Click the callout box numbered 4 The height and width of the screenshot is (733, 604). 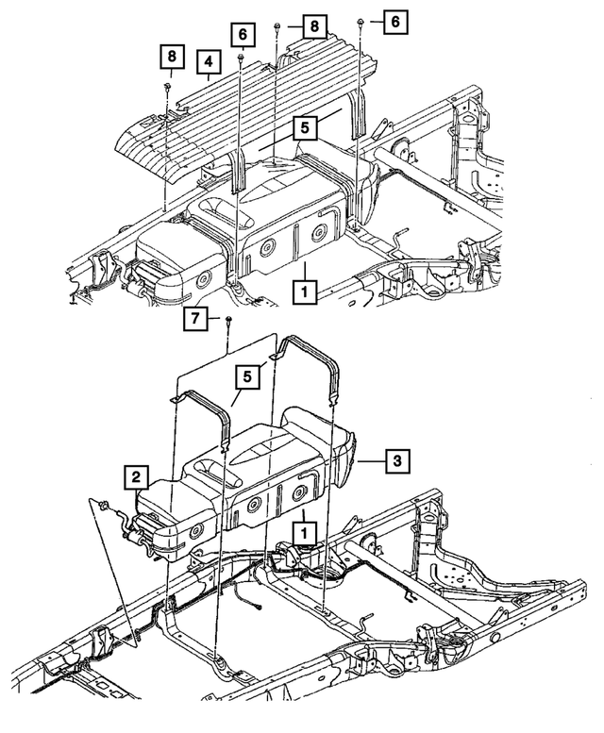[x=208, y=62]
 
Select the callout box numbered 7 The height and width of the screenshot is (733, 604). [x=195, y=319]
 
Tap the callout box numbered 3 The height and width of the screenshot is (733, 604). [x=397, y=461]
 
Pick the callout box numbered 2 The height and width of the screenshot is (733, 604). [x=136, y=476]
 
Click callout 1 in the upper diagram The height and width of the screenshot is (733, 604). [x=305, y=292]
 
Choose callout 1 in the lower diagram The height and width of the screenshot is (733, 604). [x=304, y=533]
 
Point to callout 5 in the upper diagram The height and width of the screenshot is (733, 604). [x=305, y=127]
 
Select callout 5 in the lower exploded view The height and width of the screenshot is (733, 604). [x=247, y=376]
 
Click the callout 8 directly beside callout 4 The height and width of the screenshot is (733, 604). [x=172, y=57]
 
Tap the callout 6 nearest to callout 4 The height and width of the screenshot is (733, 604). [x=243, y=35]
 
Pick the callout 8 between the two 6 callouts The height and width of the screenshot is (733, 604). [x=314, y=26]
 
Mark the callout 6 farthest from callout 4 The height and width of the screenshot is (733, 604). [x=395, y=22]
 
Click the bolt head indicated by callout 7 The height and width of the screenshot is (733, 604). [x=228, y=319]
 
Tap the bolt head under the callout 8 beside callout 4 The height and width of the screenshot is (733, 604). [x=167, y=85]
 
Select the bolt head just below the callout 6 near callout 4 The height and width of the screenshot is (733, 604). [x=242, y=57]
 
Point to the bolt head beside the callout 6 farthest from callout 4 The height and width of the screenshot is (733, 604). [x=361, y=22]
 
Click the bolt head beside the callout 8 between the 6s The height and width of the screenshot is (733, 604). [x=277, y=25]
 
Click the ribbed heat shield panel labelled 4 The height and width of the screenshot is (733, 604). [x=248, y=108]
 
